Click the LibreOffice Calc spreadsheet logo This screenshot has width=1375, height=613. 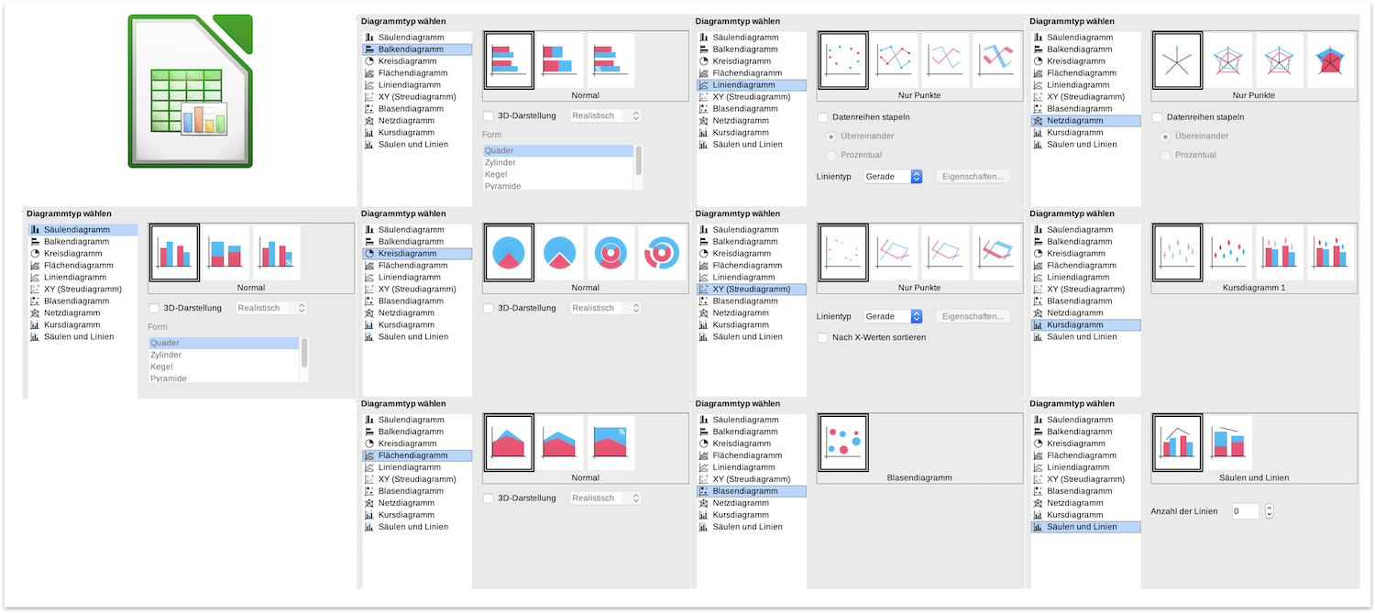click(x=191, y=91)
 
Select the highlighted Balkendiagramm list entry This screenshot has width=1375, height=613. click(x=417, y=49)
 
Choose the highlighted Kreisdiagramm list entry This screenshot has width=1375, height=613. click(x=417, y=254)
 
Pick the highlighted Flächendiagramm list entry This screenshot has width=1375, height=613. click(x=417, y=455)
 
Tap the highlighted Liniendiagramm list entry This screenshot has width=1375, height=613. click(x=752, y=85)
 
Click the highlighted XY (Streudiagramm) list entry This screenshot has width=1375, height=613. click(x=752, y=289)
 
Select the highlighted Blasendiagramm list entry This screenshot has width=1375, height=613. click(x=752, y=491)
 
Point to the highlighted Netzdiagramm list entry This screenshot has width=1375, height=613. click(x=1086, y=121)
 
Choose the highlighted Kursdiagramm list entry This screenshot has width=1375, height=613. click(x=1086, y=324)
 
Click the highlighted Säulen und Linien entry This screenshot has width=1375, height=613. click(x=1086, y=527)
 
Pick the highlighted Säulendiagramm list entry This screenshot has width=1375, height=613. click(x=82, y=229)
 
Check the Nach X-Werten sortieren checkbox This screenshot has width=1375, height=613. click(x=823, y=337)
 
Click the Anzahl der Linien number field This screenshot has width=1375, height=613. click(x=1246, y=511)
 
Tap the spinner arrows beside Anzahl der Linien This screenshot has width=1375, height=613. click(x=1269, y=511)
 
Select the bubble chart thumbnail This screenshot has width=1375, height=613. click(x=842, y=443)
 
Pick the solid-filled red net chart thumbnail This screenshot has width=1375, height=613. click(x=1330, y=60)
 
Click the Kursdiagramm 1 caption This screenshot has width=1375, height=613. click(x=1253, y=288)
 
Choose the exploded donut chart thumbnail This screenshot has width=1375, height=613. click(x=662, y=252)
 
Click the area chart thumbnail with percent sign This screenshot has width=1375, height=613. click(x=610, y=443)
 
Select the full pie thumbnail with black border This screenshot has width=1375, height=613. click(x=508, y=252)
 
